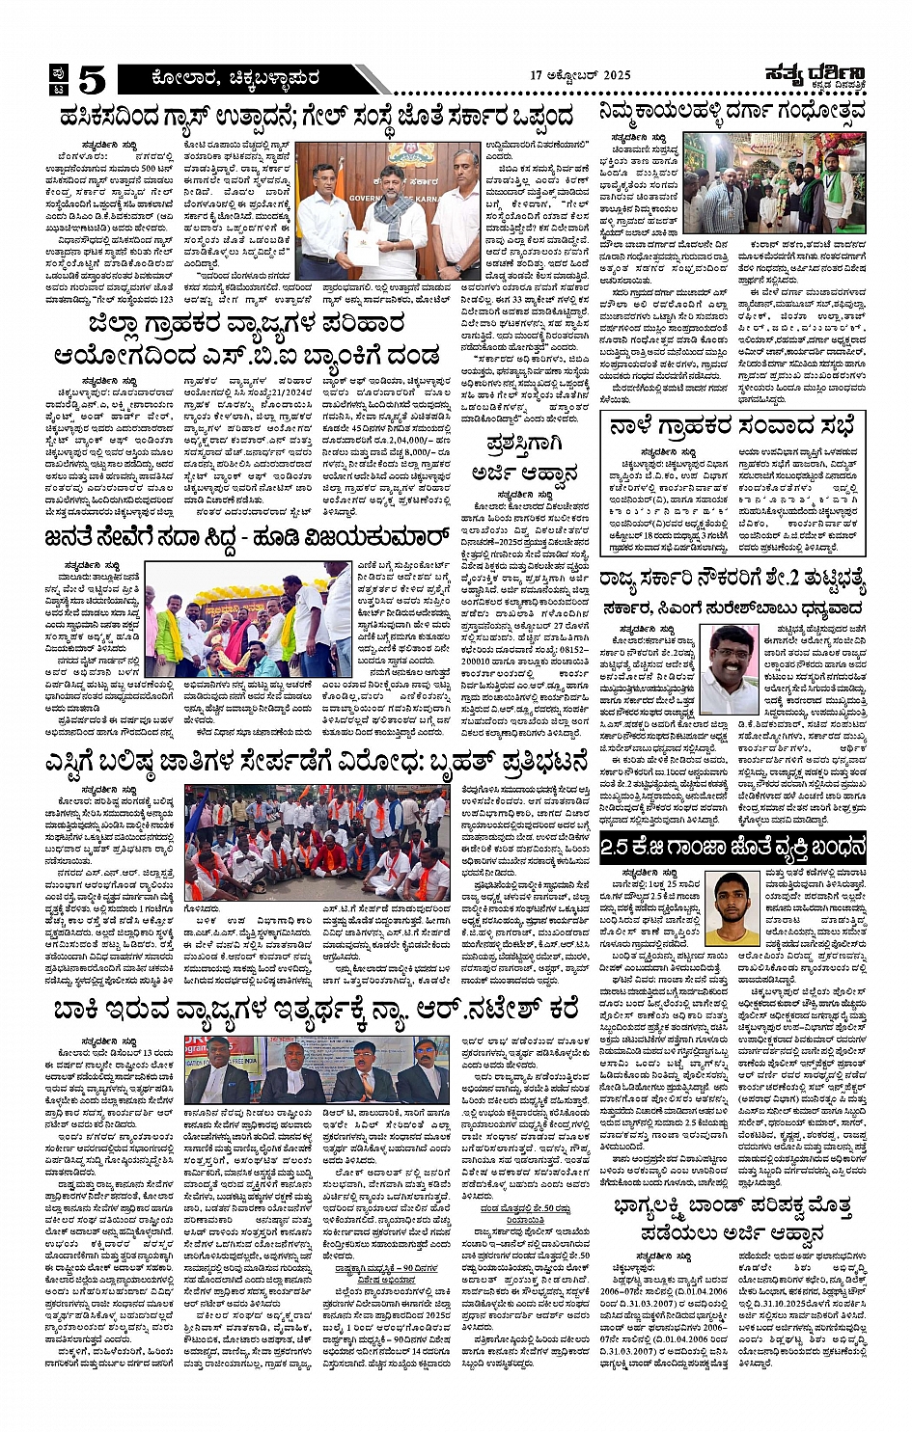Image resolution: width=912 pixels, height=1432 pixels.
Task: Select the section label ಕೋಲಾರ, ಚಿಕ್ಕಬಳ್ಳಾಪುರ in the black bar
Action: (226, 78)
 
